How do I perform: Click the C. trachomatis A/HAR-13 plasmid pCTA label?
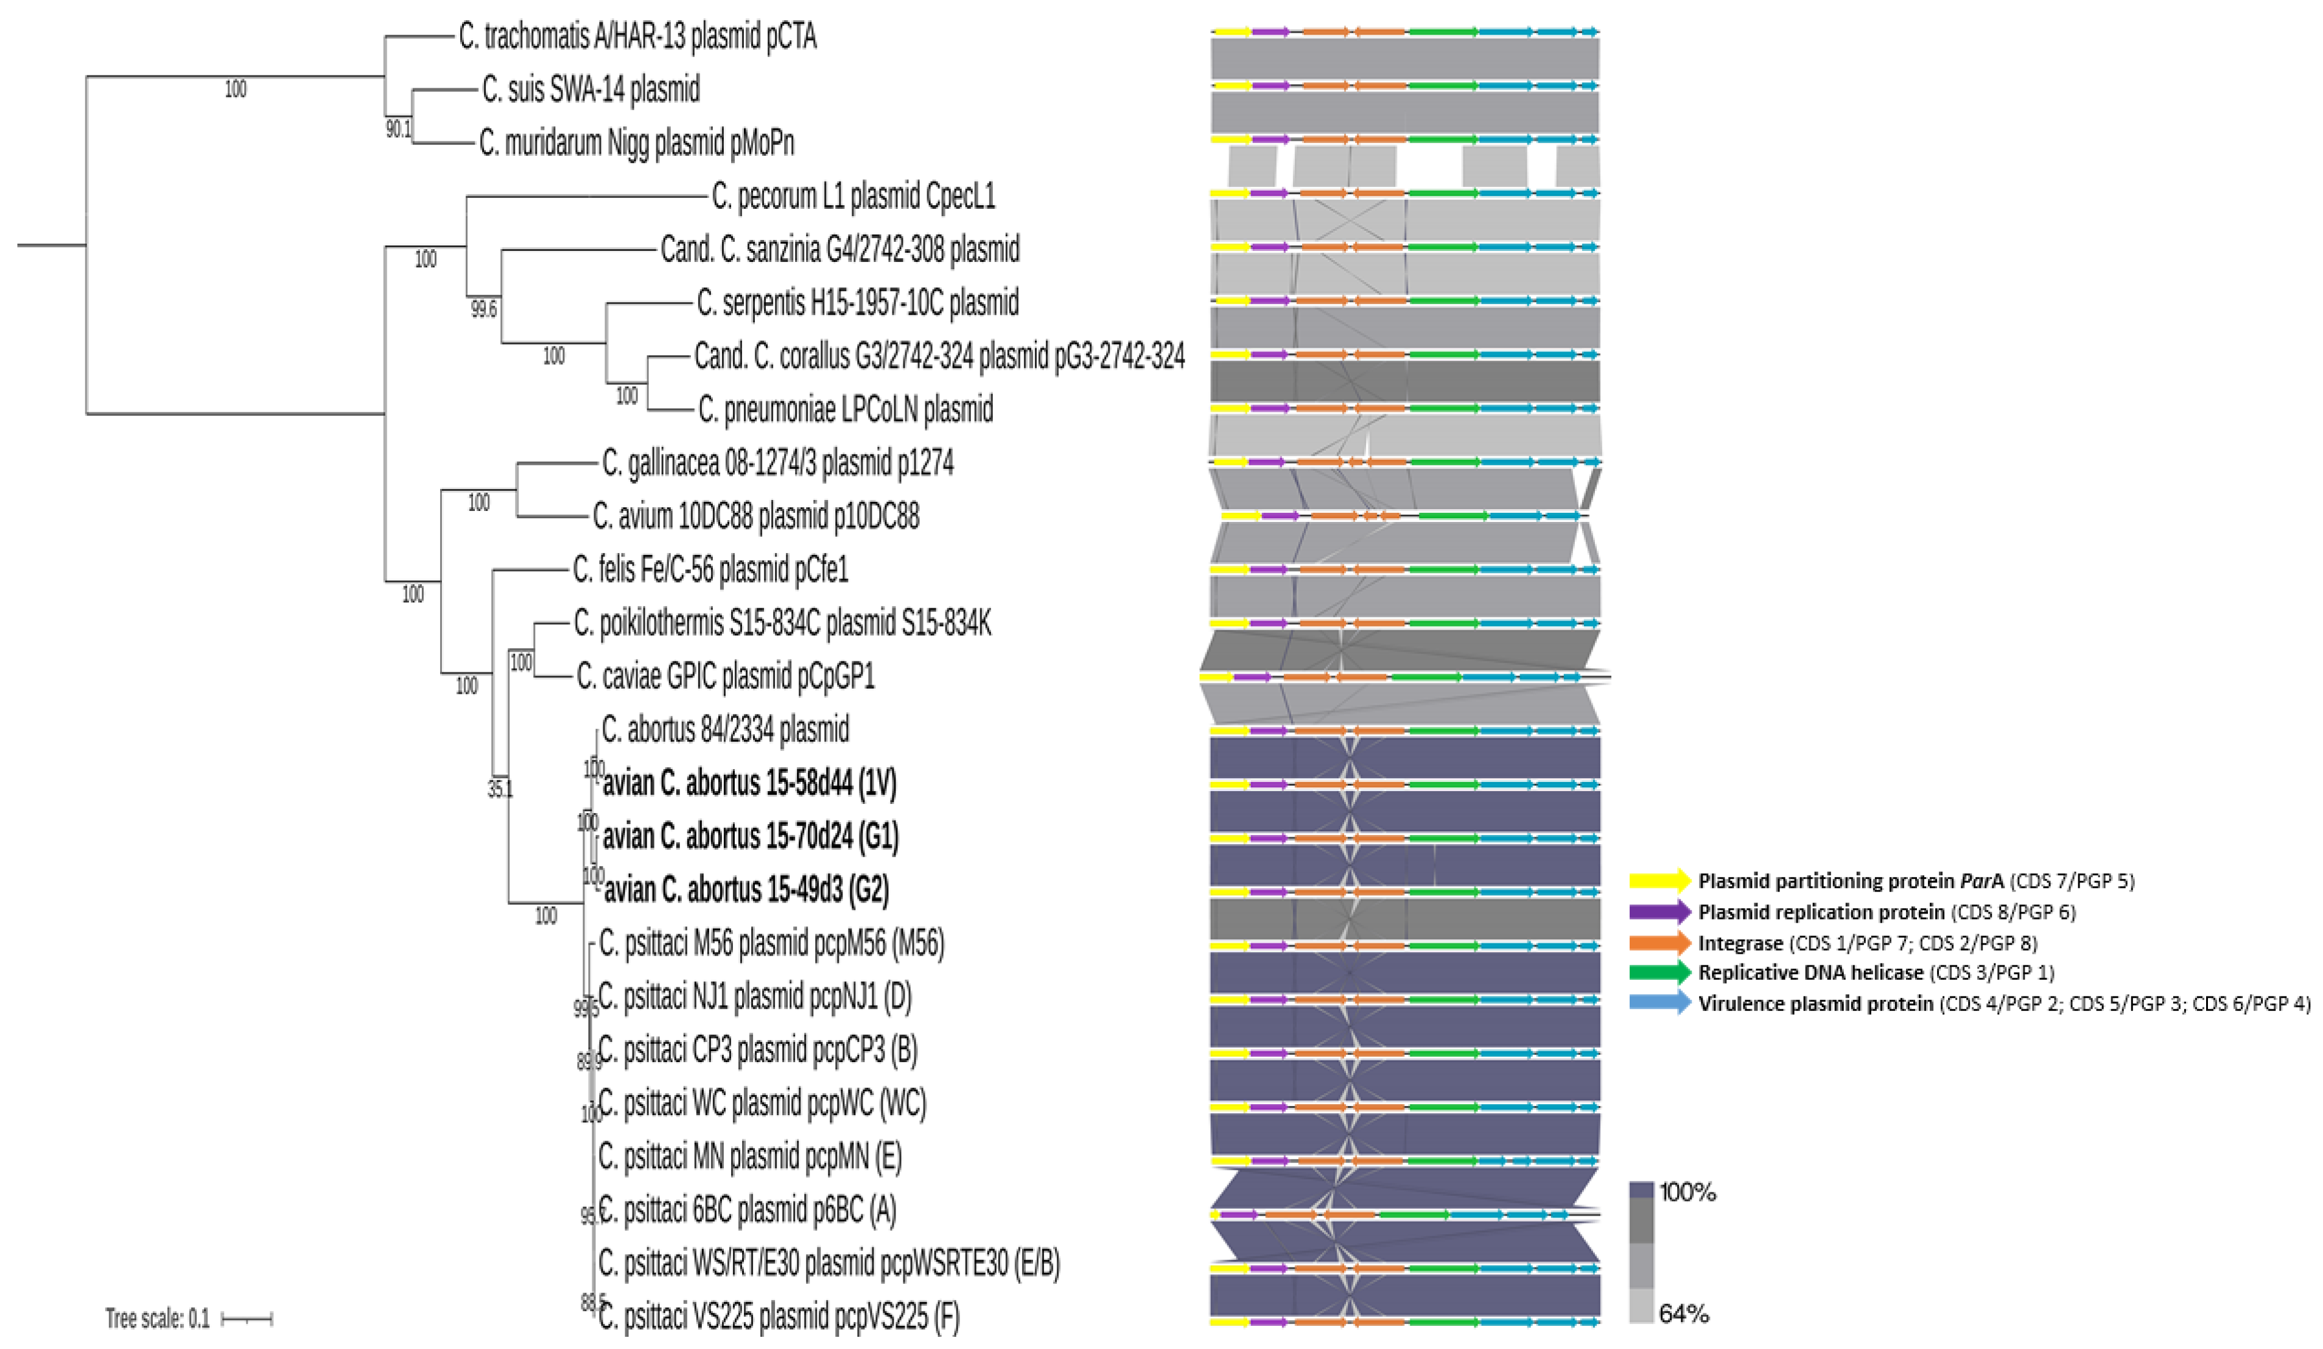637,37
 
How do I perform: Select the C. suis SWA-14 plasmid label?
590,90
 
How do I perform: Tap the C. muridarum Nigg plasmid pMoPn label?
636,143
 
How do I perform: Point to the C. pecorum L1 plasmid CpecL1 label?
853,196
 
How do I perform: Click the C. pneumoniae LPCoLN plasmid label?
846,409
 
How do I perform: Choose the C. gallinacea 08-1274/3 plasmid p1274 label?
777,462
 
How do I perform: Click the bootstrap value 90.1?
398,130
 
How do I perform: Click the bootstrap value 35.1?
500,789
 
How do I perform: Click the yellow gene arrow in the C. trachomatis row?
1232,31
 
